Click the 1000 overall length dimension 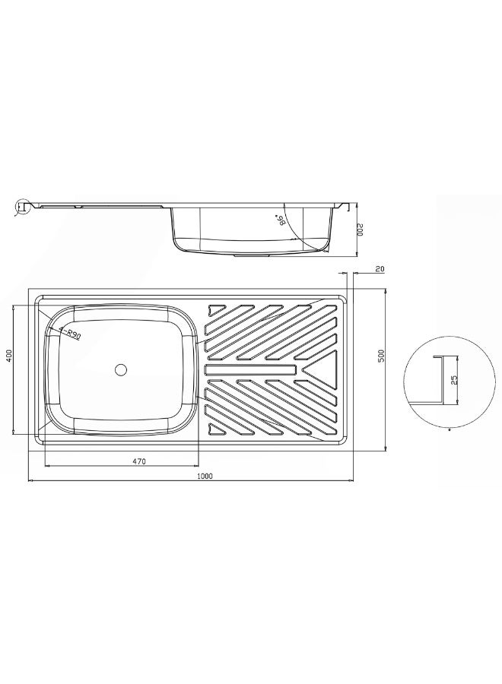pos(205,476)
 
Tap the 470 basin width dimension pos(139,461)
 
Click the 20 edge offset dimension pos(380,269)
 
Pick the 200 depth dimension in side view pos(361,230)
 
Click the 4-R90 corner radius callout pos(70,334)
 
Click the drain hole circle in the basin pos(120,370)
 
